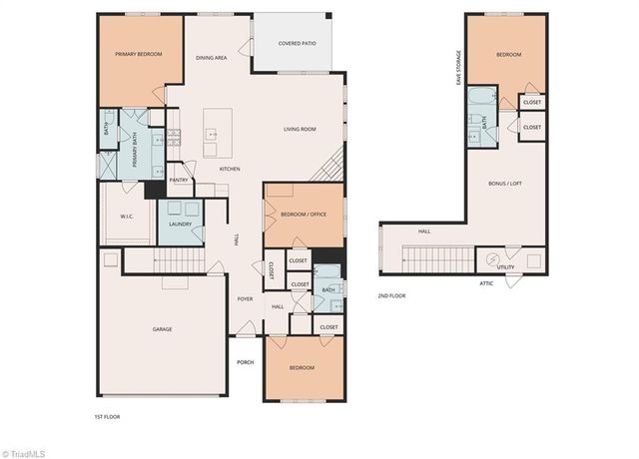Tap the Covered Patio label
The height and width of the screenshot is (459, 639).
297,44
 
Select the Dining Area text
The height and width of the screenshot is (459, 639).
211,58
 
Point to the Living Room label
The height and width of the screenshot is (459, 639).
300,129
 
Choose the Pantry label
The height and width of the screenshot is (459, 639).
180,180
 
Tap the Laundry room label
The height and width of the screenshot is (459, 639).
180,224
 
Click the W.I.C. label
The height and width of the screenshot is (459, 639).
127,216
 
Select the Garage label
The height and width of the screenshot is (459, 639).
163,328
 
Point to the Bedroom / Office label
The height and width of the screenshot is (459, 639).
304,215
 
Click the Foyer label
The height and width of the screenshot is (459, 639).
245,298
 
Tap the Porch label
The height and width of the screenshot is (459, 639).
246,361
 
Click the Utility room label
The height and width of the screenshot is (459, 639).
505,267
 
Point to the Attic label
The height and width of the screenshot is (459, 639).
486,283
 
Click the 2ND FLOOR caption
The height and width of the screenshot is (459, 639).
391,295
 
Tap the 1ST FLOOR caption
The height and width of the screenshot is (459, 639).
106,416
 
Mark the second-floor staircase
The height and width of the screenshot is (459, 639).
434,259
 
